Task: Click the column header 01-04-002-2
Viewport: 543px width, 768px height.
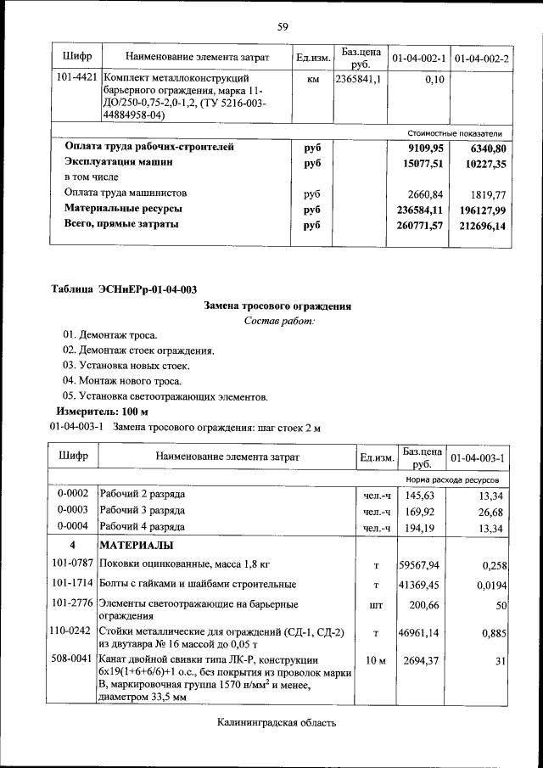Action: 482,58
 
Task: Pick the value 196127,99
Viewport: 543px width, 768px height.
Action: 481,209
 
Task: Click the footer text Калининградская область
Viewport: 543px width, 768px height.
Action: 277,722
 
